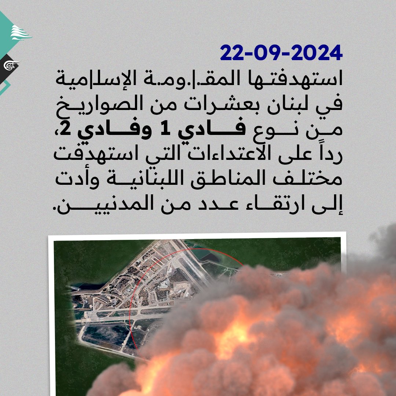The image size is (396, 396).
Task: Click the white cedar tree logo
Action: tap(21, 33)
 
